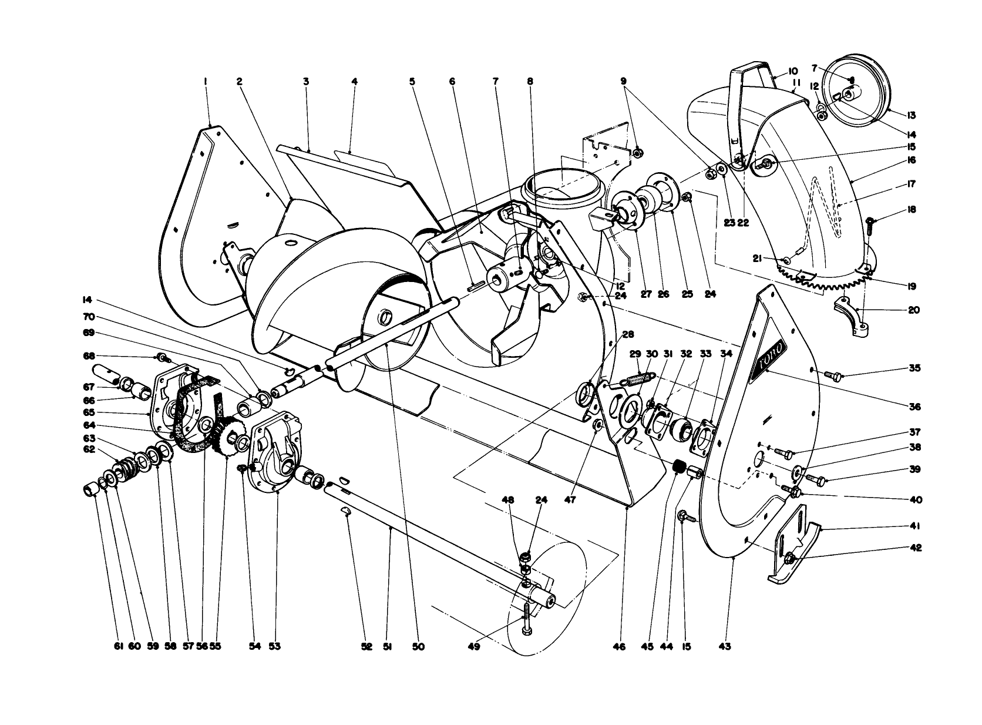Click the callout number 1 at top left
point(206,82)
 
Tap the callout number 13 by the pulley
point(912,115)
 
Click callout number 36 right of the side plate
point(912,407)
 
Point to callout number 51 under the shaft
point(388,646)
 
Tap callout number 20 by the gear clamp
point(913,310)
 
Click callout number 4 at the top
point(354,82)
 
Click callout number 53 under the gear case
point(275,646)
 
